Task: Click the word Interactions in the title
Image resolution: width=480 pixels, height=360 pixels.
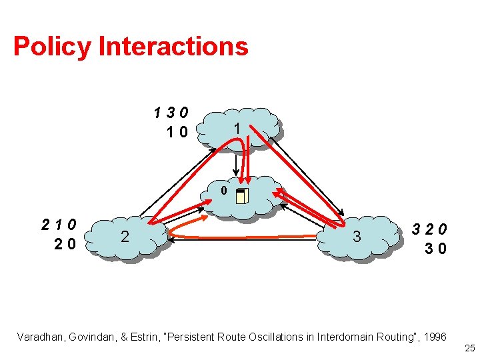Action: click(173, 47)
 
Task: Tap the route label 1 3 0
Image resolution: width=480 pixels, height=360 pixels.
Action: click(169, 112)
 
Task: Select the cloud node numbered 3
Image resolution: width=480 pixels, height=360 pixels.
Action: click(357, 237)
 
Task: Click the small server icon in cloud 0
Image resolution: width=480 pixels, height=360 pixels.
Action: click(242, 195)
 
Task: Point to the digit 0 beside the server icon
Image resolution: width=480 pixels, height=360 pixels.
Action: click(224, 191)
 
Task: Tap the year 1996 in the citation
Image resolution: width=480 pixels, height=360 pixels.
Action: click(434, 337)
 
